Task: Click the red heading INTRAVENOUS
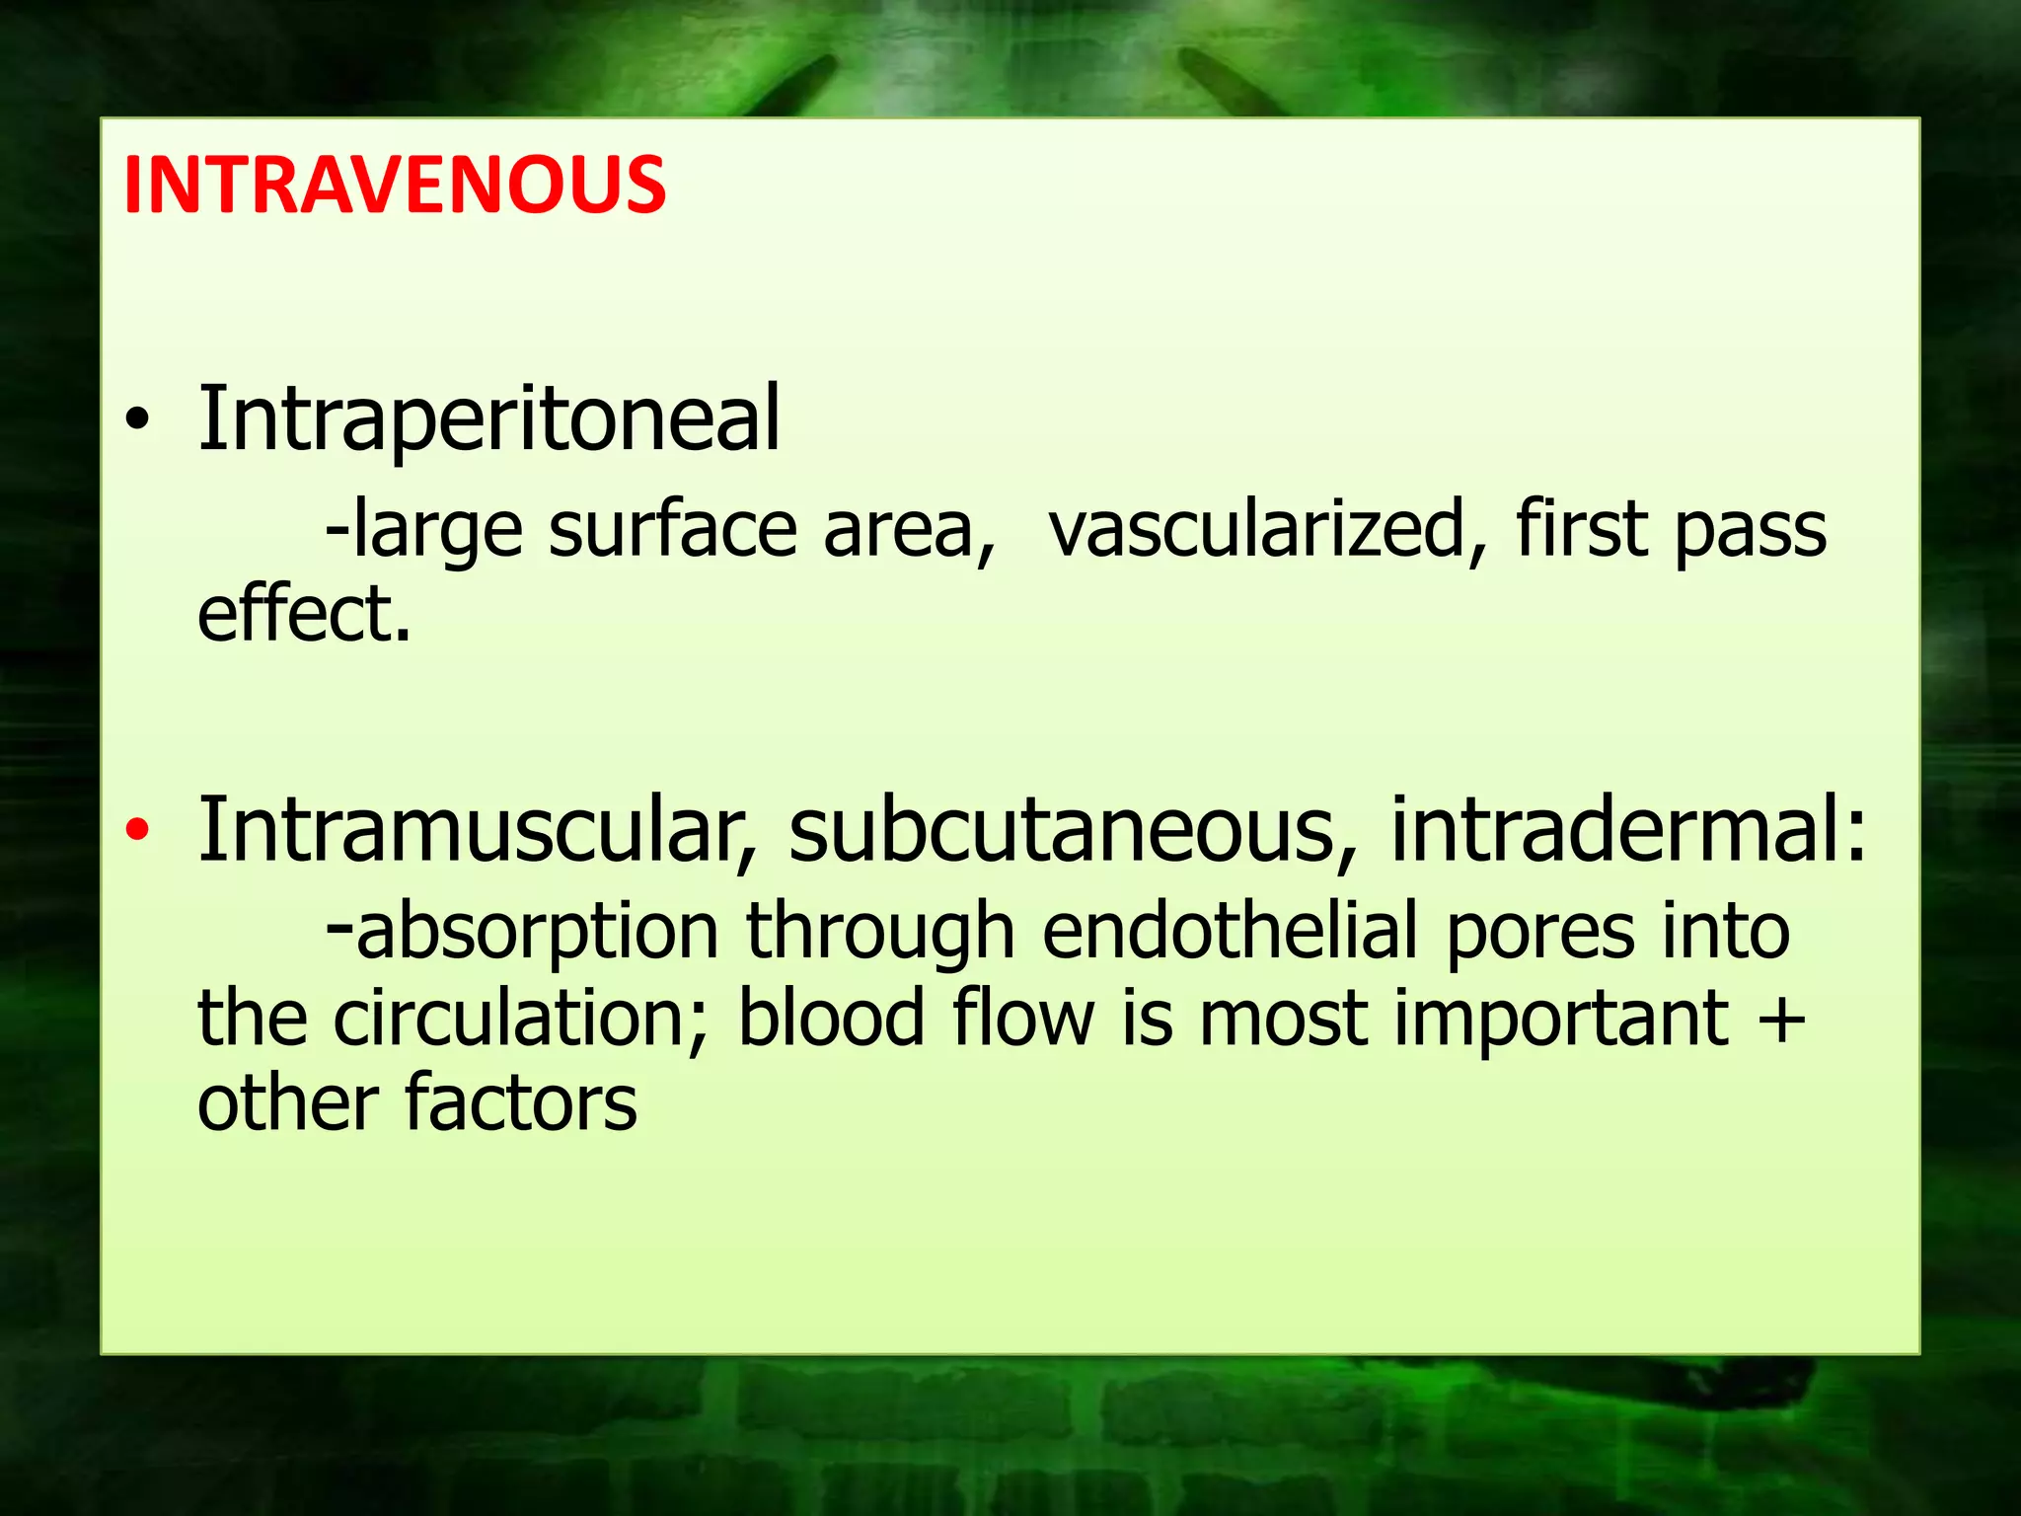[395, 185]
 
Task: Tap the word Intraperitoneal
[488, 418]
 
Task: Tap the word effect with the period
[303, 614]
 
